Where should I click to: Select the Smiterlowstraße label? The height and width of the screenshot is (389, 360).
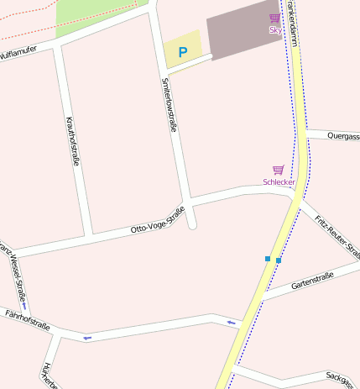tap(169, 105)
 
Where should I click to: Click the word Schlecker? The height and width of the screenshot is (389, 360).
tap(279, 181)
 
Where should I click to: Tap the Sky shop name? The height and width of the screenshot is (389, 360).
tap(274, 30)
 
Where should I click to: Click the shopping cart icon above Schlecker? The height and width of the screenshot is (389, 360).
tap(278, 170)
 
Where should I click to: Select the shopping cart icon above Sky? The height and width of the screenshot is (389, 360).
tap(274, 18)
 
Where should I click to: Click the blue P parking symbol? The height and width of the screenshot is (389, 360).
tap(182, 51)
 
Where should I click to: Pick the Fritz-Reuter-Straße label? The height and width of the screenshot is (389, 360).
tap(331, 236)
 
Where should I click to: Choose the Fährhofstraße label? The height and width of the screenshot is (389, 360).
tap(27, 320)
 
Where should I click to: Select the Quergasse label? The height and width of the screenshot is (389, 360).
tap(343, 135)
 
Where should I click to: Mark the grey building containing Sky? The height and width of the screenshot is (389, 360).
tap(239, 29)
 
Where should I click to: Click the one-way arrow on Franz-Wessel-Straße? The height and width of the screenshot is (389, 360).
tap(24, 306)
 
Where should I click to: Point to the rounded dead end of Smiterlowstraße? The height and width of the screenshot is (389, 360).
tap(192, 224)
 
